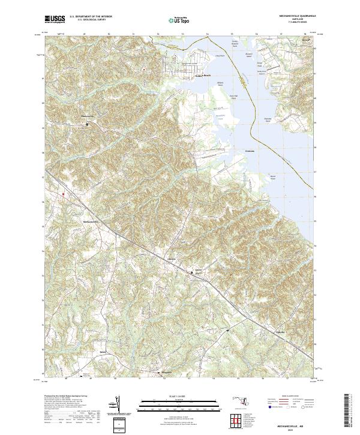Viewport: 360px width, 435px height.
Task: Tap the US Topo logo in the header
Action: (x=179, y=19)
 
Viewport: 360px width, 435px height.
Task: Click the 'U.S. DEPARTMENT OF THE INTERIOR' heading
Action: (x=91, y=17)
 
